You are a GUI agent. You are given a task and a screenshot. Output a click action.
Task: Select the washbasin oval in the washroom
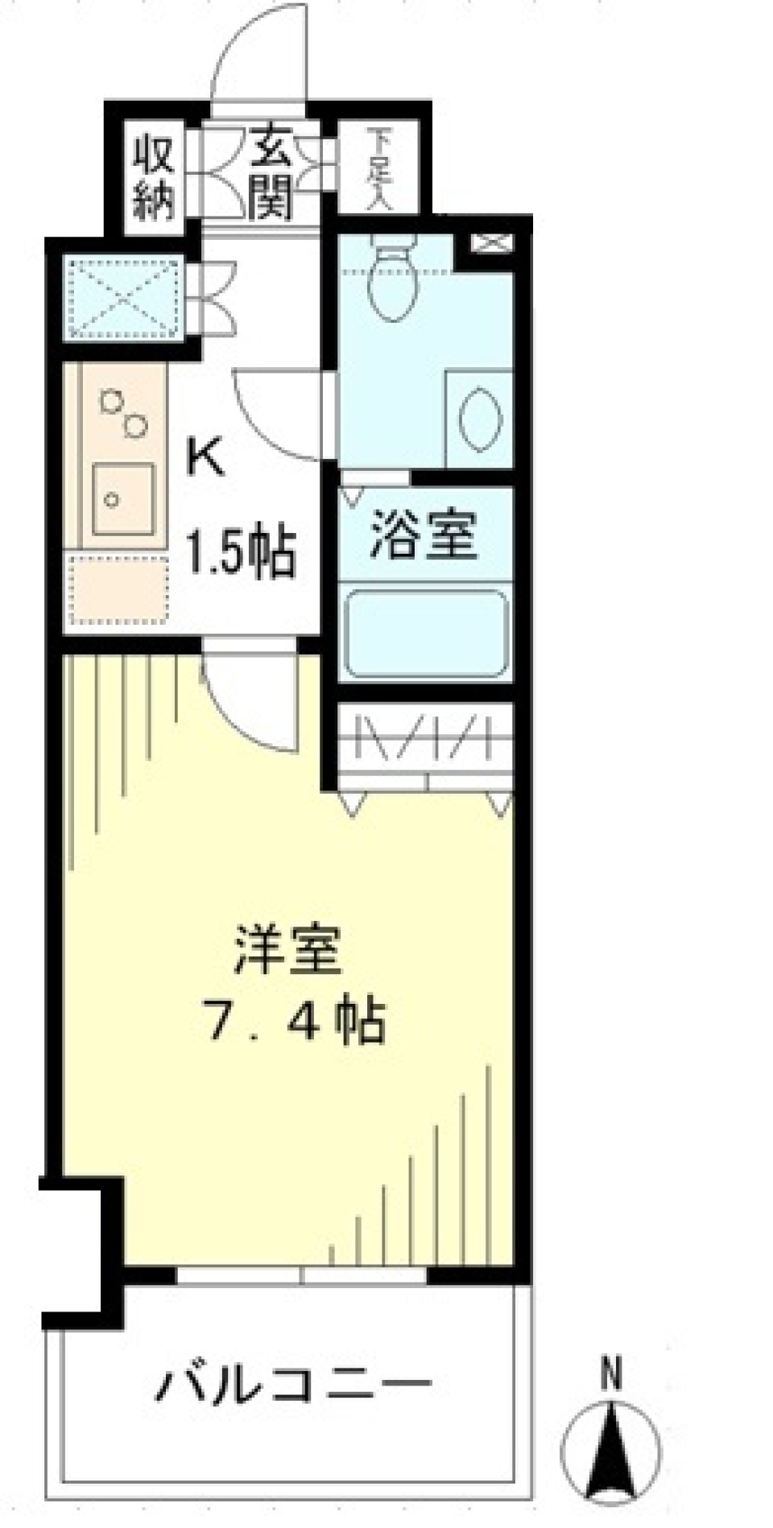point(481,418)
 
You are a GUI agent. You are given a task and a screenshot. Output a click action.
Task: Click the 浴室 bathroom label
point(424,535)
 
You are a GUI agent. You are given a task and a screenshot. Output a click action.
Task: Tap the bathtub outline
point(426,634)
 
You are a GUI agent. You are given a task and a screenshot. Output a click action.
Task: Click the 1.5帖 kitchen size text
point(241,552)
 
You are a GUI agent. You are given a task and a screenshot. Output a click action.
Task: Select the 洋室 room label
point(287,951)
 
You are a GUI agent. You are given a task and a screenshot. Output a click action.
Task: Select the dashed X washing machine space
point(123,295)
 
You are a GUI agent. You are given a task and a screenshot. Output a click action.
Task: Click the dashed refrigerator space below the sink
point(119,588)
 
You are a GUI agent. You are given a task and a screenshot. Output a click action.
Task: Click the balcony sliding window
point(301,1276)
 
